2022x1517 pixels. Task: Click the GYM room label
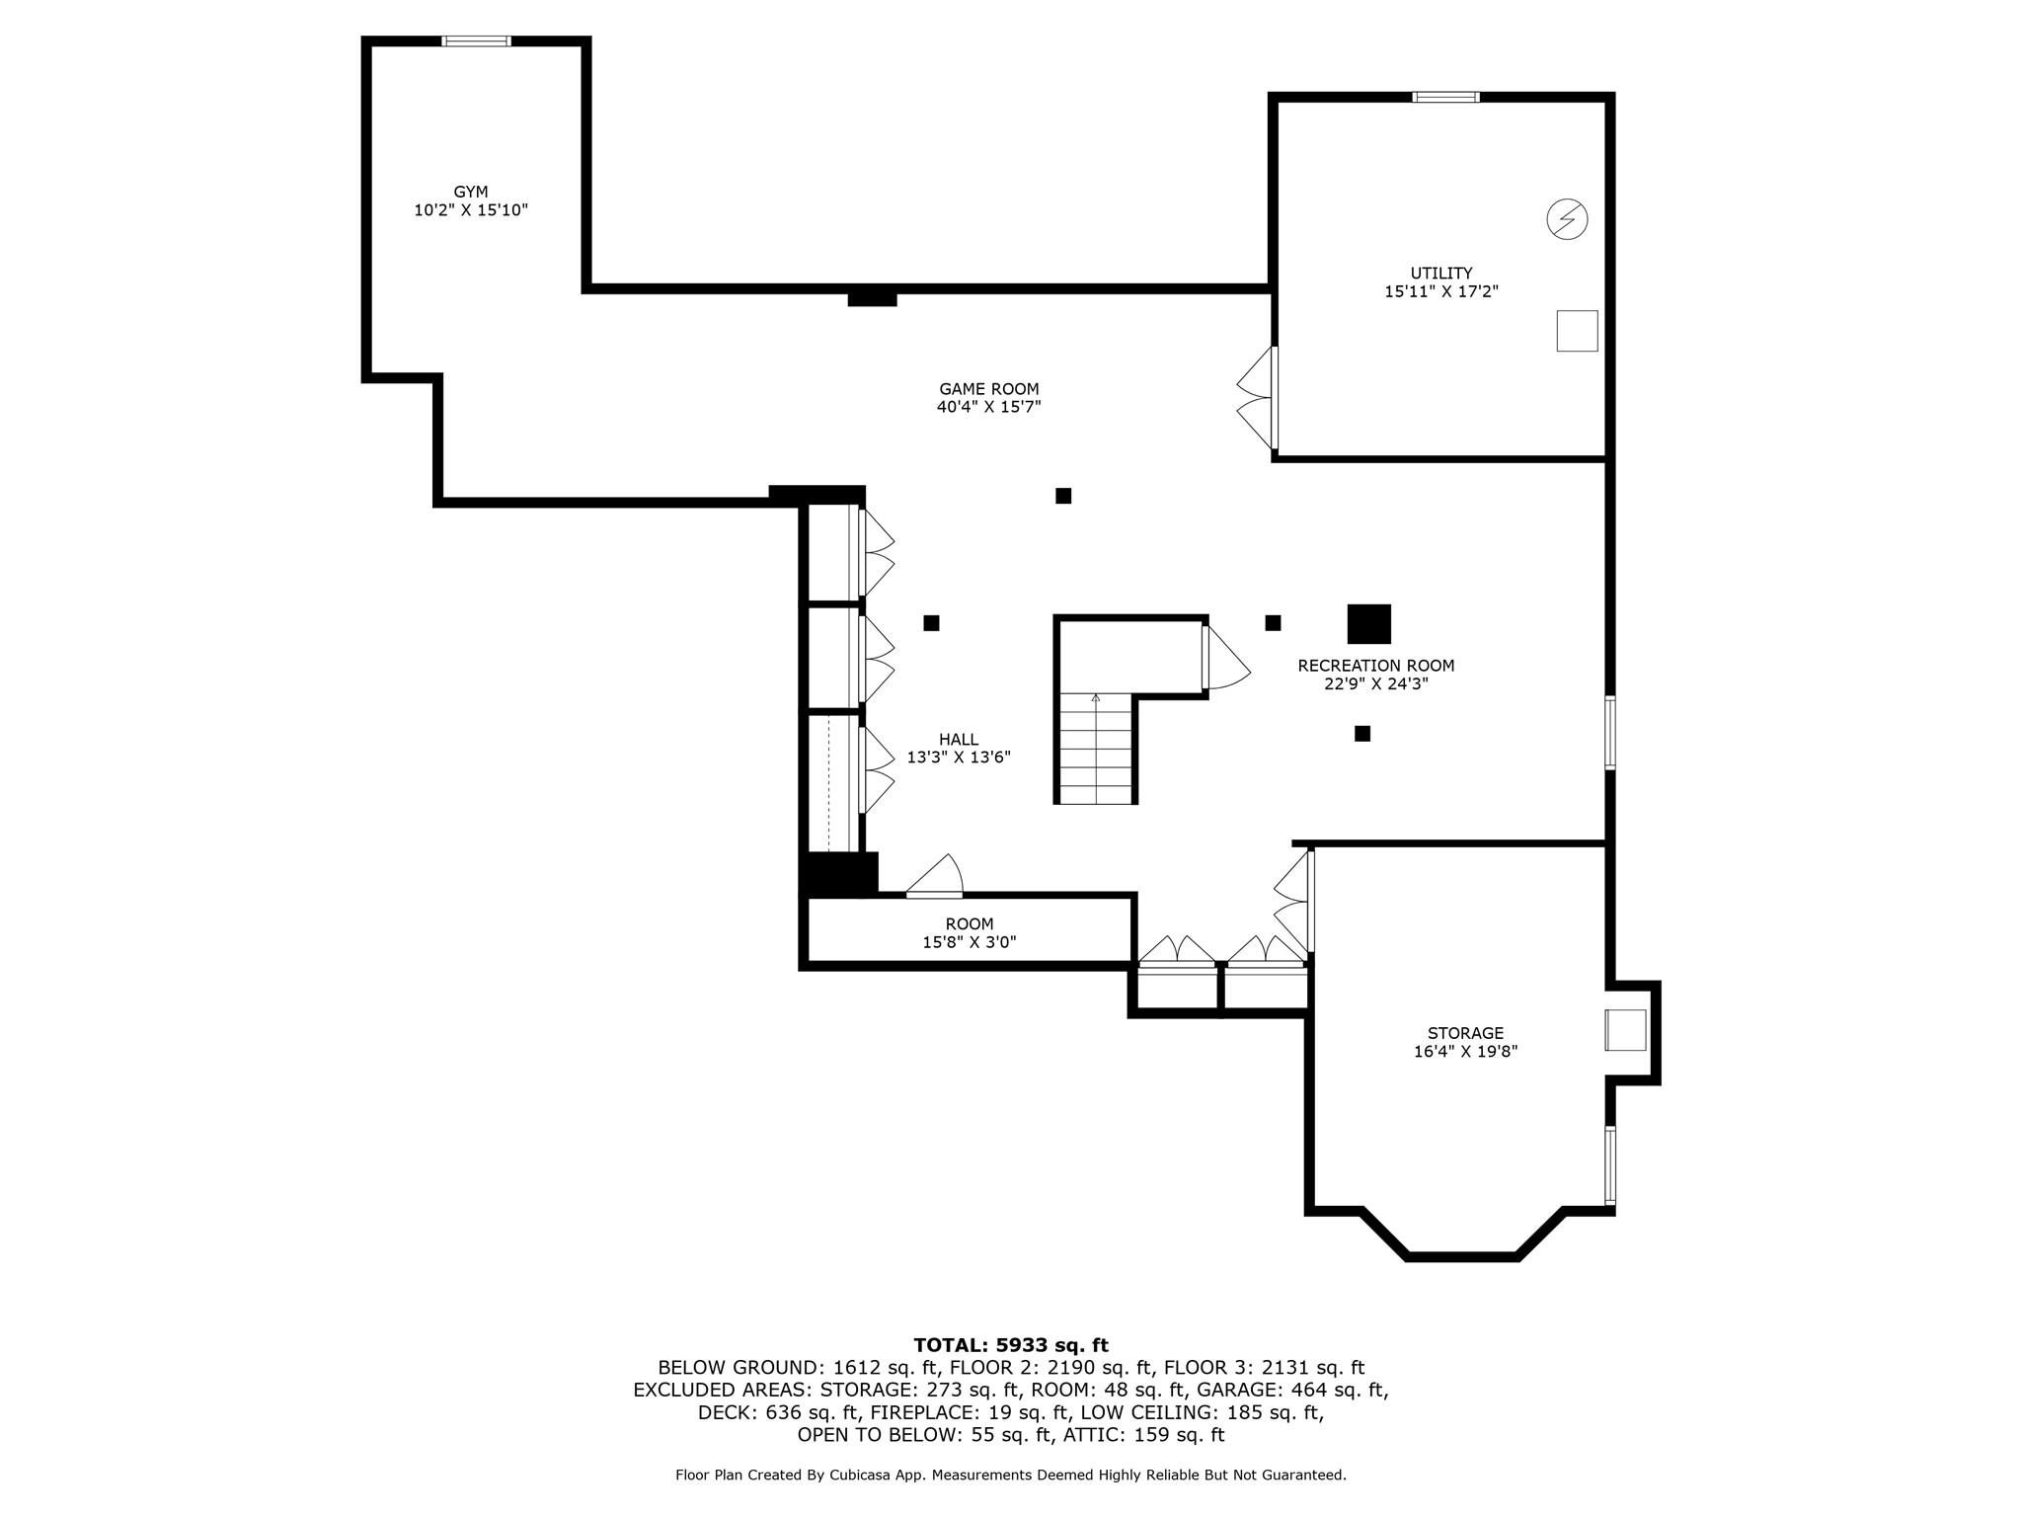(471, 192)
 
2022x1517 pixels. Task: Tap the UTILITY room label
(1441, 273)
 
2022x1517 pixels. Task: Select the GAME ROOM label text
(989, 389)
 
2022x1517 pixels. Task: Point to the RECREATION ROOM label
(1376, 666)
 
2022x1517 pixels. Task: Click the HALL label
(959, 739)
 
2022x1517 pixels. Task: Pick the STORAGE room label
(1465, 1033)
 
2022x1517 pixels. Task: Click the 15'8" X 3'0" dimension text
(970, 942)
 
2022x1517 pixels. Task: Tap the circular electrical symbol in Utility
(1567, 219)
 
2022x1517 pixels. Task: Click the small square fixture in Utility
(1577, 331)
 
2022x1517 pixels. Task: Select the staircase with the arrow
(1096, 748)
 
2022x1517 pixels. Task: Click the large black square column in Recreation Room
(1369, 624)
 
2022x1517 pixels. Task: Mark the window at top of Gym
(476, 40)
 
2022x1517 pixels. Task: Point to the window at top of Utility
(1445, 97)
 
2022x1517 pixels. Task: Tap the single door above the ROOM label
(935, 877)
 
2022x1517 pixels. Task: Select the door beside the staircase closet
(1226, 656)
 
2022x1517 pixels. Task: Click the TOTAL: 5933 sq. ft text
(1011, 1345)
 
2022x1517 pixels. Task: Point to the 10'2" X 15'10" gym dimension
(471, 210)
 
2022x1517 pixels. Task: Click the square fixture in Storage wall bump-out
(1625, 1030)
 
